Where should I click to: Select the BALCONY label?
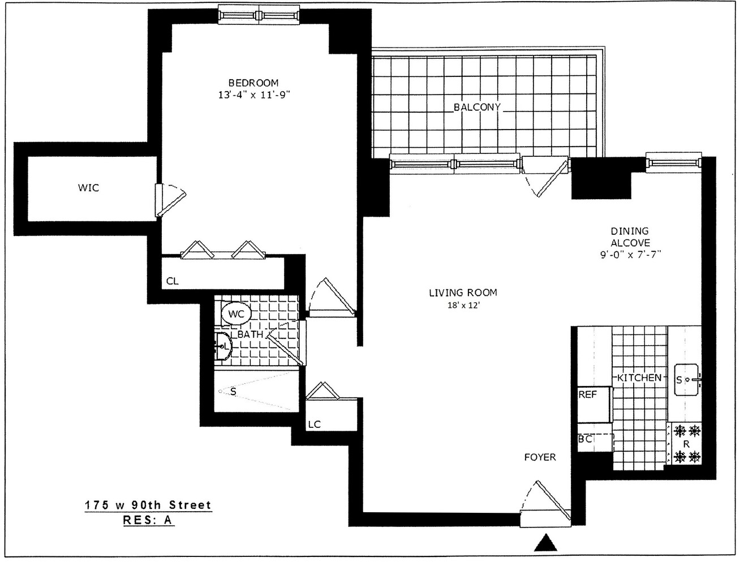477,107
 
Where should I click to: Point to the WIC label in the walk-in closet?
89,187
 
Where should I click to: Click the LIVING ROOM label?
462,293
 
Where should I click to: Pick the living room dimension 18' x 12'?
462,306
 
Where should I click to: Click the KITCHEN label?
639,378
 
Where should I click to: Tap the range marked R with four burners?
686,444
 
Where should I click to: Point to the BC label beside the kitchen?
586,439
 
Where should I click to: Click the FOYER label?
540,457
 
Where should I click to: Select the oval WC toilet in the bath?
236,314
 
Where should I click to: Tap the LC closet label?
314,424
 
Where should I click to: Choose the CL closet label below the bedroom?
173,280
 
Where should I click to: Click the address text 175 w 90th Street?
148,505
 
